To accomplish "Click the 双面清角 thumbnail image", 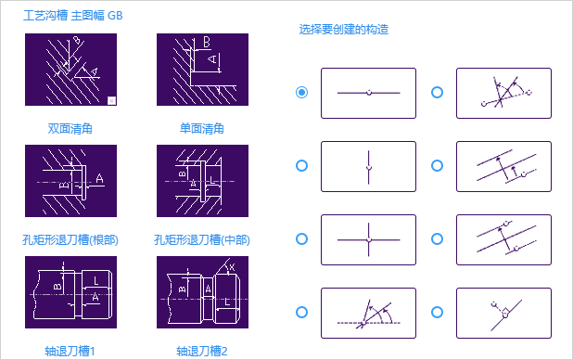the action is click(x=70, y=70).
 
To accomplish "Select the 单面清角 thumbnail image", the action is click(x=202, y=70).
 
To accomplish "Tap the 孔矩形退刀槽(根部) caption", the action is click(x=70, y=240).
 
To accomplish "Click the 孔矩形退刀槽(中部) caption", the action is click(x=202, y=240).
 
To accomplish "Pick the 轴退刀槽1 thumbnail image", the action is click(x=70, y=292).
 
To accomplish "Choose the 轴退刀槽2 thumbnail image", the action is click(x=202, y=292).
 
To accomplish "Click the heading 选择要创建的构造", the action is click(x=343, y=30).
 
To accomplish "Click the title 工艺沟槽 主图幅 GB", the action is click(x=73, y=16).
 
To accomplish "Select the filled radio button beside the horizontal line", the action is click(x=301, y=92).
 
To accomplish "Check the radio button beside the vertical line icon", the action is click(x=301, y=166).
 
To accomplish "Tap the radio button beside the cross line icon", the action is click(x=301, y=238).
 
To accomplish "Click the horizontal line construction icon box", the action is click(x=368, y=94).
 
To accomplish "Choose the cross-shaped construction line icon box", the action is click(x=368, y=239).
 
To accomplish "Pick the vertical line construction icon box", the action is click(x=368, y=166).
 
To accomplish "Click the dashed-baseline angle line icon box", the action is click(x=368, y=314).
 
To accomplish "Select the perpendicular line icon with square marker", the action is click(x=504, y=314).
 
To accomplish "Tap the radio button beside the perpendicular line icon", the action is click(x=437, y=313).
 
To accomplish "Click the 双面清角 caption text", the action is click(x=70, y=129).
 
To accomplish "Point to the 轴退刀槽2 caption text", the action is click(x=202, y=352).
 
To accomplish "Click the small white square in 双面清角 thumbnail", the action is click(x=112, y=100).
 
